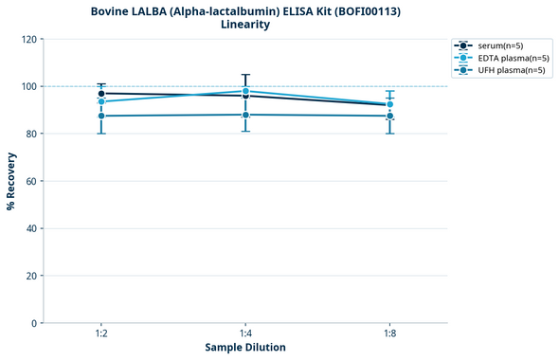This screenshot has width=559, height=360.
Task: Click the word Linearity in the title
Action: (x=245, y=25)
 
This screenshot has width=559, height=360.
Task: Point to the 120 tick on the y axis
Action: (x=28, y=40)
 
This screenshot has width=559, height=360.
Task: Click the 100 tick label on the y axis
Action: (x=28, y=87)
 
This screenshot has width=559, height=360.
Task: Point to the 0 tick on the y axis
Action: (x=34, y=324)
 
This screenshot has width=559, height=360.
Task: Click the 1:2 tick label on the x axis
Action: (x=100, y=334)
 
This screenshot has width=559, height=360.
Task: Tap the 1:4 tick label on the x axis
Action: (x=245, y=334)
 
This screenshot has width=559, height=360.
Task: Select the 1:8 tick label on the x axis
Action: (x=390, y=334)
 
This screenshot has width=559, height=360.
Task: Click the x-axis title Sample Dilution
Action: (x=245, y=348)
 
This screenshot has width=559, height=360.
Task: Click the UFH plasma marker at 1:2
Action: (x=100, y=116)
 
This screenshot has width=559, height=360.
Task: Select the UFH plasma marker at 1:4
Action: (x=245, y=115)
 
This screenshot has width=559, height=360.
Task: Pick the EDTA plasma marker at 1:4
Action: (x=245, y=91)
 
